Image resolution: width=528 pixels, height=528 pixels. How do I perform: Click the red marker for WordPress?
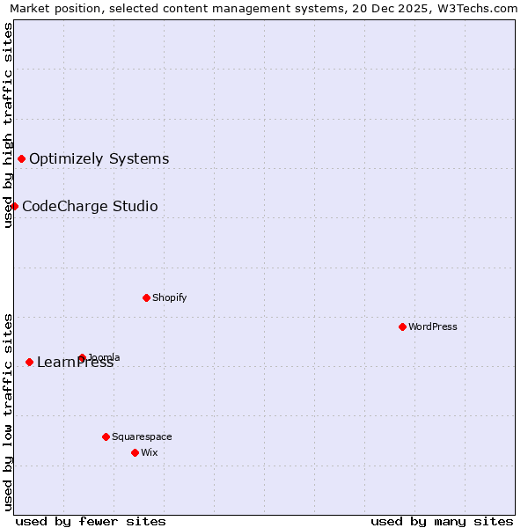point(402,326)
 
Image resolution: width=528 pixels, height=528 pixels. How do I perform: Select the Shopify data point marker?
point(146,297)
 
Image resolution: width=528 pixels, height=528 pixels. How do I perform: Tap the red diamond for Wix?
point(135,452)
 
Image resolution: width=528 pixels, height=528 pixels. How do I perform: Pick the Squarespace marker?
point(106,436)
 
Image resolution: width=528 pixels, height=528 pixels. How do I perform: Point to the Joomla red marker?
point(82,357)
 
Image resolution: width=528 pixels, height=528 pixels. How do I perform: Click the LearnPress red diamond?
point(29,362)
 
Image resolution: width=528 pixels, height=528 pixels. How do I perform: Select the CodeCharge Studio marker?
point(14,206)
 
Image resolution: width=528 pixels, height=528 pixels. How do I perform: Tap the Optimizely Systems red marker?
point(21,158)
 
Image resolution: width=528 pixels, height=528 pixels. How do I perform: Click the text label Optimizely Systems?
point(99,159)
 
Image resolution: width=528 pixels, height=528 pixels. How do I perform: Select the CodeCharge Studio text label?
point(90,207)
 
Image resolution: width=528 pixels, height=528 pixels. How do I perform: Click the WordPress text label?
point(432,326)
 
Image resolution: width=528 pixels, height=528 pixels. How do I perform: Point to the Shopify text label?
point(169,297)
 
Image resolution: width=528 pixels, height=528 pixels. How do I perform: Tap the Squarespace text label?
point(142,436)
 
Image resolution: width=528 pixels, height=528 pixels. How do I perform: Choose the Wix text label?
point(149,452)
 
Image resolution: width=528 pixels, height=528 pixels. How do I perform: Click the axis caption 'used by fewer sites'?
point(91,521)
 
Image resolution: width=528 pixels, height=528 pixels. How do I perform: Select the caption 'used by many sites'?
point(442,521)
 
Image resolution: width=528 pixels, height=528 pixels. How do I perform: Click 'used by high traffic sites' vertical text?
point(8,125)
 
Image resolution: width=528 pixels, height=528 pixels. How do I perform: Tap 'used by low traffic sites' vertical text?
point(8,410)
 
